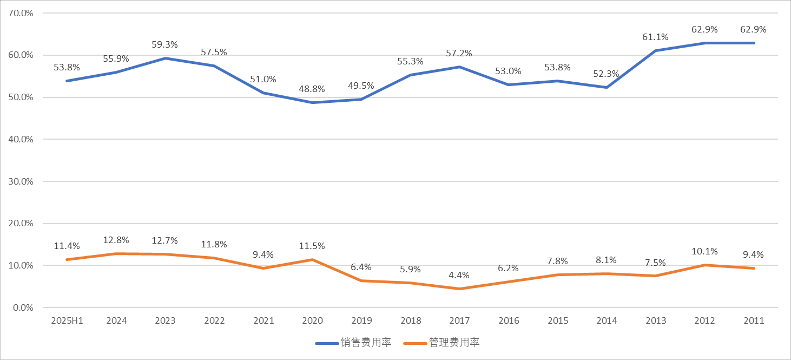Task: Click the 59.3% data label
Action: tap(165, 44)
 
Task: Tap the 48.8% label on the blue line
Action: tap(312, 89)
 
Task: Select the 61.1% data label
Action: tap(655, 37)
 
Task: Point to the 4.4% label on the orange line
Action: tap(459, 275)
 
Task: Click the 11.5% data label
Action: tap(312, 246)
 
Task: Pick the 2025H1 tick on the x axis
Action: tap(67, 320)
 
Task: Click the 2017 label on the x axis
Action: tap(459, 320)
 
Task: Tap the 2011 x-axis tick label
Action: tap(754, 320)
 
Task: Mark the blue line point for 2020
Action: tap(312, 102)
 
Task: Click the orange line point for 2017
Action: tap(459, 289)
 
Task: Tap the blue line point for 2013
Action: tap(655, 50)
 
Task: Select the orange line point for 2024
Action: tap(116, 253)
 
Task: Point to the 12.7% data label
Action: tap(165, 240)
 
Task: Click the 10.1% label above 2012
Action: tap(704, 251)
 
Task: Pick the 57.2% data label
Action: tap(459, 53)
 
